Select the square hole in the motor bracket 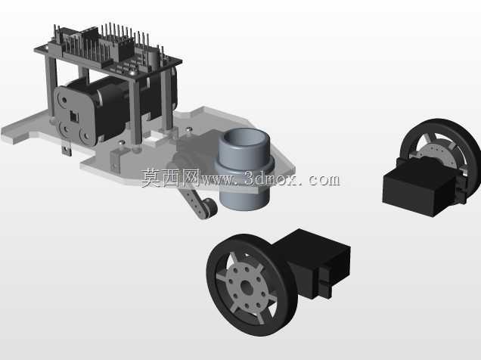74,116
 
